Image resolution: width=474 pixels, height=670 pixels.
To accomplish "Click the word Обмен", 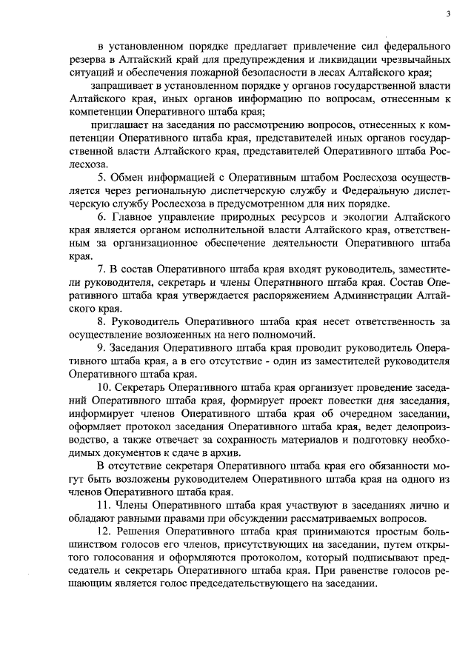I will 126,177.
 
